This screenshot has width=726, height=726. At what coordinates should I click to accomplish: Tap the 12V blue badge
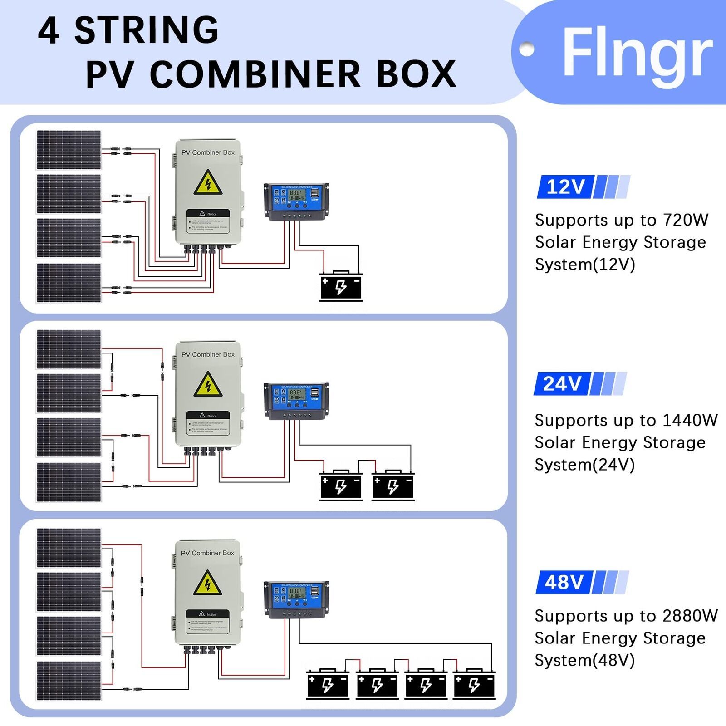[565, 187]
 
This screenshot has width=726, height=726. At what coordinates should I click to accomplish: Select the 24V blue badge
[562, 384]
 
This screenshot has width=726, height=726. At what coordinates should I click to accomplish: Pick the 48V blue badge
[564, 582]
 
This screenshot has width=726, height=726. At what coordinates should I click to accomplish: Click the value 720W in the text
[685, 220]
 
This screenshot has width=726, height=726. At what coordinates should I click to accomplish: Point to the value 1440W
[690, 420]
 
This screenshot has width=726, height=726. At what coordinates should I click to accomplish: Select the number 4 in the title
[49, 31]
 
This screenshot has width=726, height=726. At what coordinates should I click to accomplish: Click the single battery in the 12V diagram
[341, 286]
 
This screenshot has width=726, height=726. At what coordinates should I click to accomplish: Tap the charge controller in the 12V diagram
[296, 201]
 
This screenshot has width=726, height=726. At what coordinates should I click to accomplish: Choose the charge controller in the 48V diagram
[296, 599]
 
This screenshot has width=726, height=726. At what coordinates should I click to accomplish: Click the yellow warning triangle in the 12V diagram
[208, 183]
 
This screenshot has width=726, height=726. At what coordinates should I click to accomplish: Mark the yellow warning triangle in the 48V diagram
[207, 584]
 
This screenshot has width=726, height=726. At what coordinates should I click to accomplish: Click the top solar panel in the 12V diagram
[69, 150]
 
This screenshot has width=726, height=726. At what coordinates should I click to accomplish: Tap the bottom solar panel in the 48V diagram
[69, 681]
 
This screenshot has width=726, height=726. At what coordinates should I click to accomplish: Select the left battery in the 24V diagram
[341, 486]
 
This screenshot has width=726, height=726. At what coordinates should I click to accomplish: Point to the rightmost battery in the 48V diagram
[474, 684]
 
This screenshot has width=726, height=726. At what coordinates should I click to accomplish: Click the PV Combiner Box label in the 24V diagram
[208, 354]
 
